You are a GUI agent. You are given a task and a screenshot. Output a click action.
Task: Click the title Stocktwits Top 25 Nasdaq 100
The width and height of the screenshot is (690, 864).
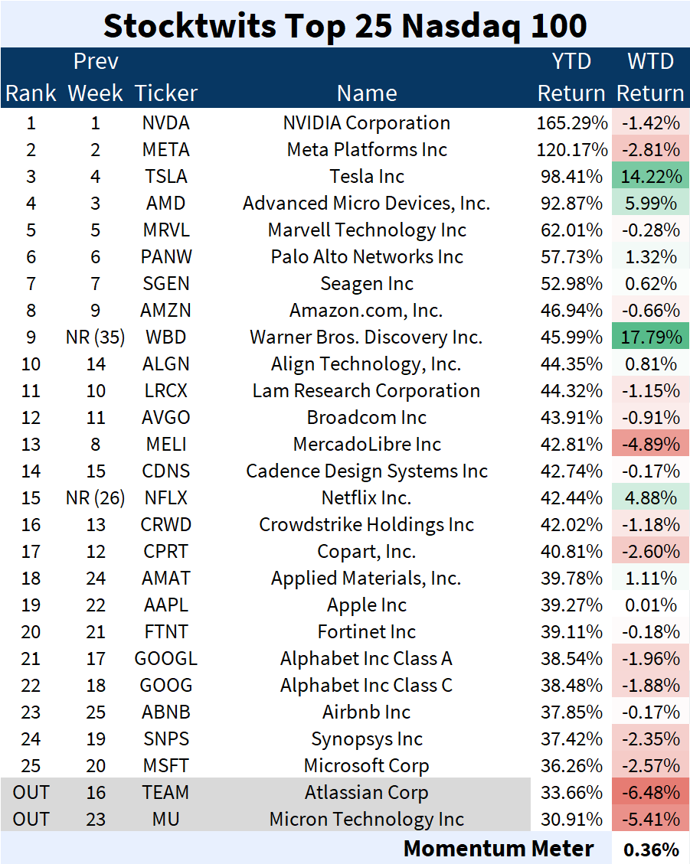(345, 24)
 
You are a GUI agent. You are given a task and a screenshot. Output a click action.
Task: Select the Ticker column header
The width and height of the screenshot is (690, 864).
(166, 93)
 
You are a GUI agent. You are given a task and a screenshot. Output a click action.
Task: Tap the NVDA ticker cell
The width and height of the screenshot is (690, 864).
(166, 122)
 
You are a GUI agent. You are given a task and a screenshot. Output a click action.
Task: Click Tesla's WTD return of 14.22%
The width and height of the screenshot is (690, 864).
(650, 176)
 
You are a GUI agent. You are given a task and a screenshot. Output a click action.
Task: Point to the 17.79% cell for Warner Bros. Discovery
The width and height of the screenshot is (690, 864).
(650, 337)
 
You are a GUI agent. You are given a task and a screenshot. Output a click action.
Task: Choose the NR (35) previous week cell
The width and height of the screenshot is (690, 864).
(96, 337)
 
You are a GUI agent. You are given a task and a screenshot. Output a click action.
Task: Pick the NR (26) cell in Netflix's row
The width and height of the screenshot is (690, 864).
(96, 497)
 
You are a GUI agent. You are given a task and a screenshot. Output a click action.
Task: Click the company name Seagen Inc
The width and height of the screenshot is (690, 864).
(367, 283)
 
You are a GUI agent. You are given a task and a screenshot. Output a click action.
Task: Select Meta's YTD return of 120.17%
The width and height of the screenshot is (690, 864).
(571, 149)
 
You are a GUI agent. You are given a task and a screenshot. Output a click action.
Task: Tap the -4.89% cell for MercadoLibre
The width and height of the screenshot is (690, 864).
(650, 444)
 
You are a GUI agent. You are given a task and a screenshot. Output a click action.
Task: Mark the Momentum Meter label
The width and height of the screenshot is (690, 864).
(499, 848)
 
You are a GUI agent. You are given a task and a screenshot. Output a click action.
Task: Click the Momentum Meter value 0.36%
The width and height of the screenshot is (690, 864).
(651, 849)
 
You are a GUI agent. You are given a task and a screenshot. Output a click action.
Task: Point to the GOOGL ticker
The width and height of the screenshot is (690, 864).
(166, 658)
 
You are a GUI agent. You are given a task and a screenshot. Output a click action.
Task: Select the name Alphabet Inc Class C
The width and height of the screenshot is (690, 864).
(367, 685)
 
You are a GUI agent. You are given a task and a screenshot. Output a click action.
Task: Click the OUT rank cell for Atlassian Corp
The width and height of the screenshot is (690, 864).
(31, 792)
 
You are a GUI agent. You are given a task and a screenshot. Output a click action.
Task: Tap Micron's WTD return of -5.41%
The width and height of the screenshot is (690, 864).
(650, 819)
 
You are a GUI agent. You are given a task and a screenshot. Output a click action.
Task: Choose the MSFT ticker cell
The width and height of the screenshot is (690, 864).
(166, 765)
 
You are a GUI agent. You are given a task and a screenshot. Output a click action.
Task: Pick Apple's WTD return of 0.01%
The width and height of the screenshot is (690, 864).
(650, 605)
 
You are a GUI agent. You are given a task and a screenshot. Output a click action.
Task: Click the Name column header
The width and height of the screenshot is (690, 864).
(367, 93)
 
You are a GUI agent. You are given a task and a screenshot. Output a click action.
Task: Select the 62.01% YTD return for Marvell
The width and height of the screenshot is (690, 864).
(571, 230)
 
